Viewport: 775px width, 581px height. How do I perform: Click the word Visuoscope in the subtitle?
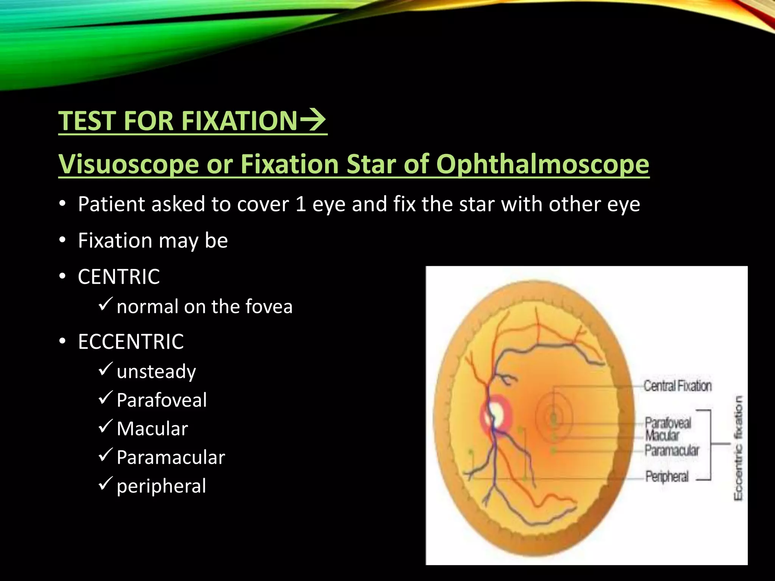pos(129,164)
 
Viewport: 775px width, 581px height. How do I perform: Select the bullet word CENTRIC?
pos(119,277)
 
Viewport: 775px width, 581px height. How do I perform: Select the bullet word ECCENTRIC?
pos(131,342)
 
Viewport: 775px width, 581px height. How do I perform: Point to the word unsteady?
pos(156,371)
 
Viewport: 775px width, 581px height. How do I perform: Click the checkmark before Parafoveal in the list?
pos(105,398)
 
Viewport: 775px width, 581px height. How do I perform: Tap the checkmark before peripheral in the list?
pos(105,484)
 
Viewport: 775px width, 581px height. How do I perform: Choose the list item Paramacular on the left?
pos(171,457)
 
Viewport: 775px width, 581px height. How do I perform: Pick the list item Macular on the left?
pos(152,429)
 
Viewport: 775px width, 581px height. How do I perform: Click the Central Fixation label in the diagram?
pos(677,386)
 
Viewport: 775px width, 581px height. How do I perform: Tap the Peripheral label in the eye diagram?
pos(667,477)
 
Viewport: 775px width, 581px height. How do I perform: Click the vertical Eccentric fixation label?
pos(738,448)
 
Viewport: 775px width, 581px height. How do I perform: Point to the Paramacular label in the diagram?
pos(672,451)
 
